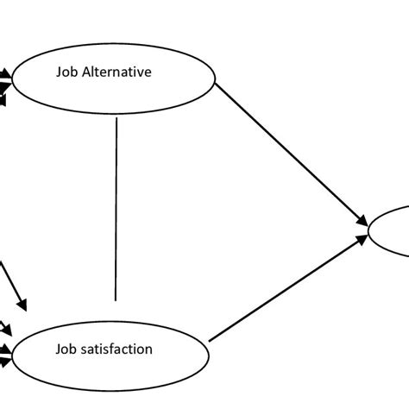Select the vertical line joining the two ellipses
[x=116, y=207]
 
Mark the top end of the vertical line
[x=116, y=118]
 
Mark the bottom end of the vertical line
[x=116, y=301]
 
